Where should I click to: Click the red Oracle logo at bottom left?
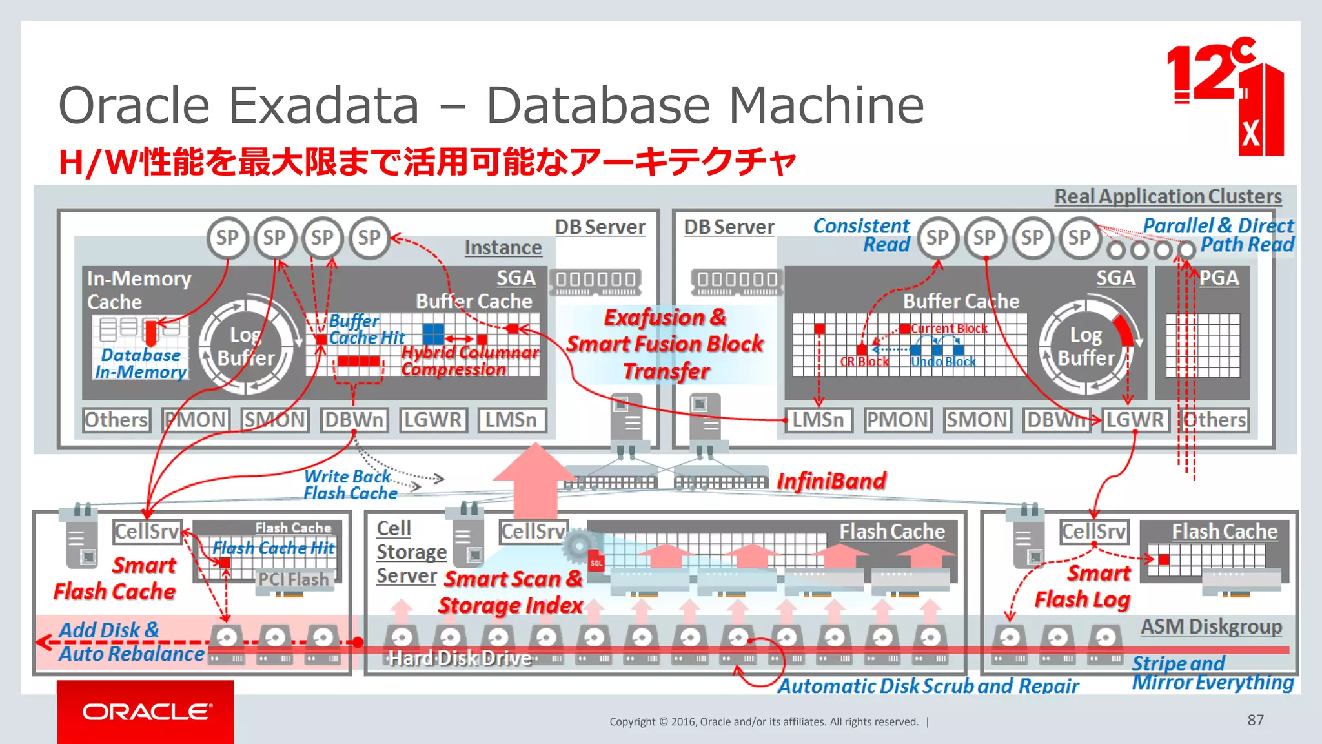(x=145, y=712)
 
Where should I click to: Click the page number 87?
(x=1256, y=720)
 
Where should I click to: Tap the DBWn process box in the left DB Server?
(x=354, y=420)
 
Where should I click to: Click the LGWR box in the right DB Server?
(x=1135, y=420)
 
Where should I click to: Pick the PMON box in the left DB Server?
(x=196, y=420)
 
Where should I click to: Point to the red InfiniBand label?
(x=831, y=481)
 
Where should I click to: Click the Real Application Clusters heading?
(x=1168, y=196)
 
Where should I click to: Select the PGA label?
(x=1219, y=278)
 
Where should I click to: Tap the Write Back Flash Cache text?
(x=351, y=485)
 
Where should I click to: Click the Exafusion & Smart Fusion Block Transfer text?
(x=665, y=344)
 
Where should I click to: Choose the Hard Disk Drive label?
(x=460, y=658)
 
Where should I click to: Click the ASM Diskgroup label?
(x=1211, y=626)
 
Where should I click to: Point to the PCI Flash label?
(x=294, y=579)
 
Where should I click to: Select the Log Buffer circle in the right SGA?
(x=1086, y=347)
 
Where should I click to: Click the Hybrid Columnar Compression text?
(x=469, y=360)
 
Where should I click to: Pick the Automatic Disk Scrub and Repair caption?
(x=928, y=686)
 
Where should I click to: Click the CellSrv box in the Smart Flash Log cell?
(x=1093, y=532)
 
